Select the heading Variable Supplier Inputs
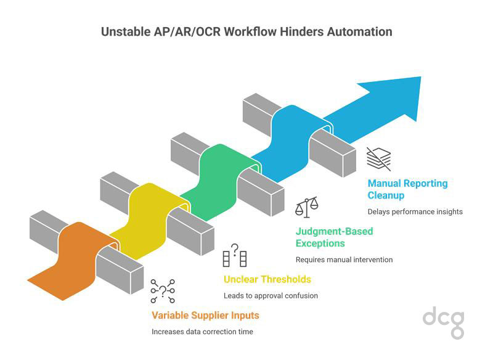(205, 316)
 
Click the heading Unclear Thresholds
(267, 279)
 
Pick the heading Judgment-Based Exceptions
(335, 237)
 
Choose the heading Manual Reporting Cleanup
(407, 189)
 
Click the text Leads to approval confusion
(271, 295)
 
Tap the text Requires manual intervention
(344, 260)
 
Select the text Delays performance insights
(415, 211)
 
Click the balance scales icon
(307, 207)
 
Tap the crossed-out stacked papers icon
(378, 158)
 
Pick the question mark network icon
(163, 291)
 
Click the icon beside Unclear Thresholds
(234, 255)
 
